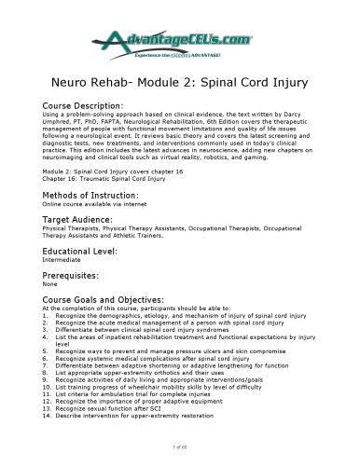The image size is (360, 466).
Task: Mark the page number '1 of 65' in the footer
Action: [180, 449]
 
